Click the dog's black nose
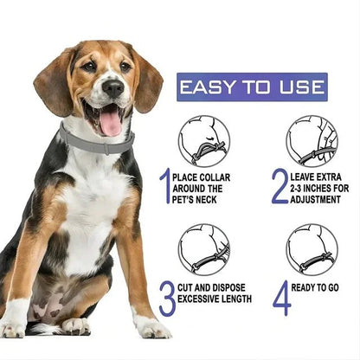click(x=112, y=87)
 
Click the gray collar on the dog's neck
click(x=95, y=142)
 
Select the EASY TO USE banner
click(x=252, y=87)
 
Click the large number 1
click(x=164, y=186)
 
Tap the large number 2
click(x=279, y=186)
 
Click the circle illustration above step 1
click(x=203, y=141)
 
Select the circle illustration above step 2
click(x=312, y=141)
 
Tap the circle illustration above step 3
click(x=203, y=249)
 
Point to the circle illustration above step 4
click(x=312, y=249)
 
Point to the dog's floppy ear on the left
click(x=54, y=82)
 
